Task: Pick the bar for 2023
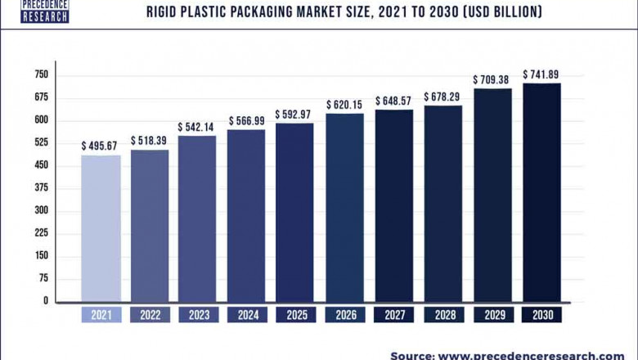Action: tap(197, 218)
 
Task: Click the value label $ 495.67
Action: tap(101, 145)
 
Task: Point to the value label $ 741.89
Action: tap(542, 74)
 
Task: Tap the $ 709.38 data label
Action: tap(493, 79)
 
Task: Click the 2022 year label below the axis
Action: tap(149, 315)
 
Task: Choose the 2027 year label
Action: tap(394, 315)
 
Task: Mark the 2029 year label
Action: tap(493, 315)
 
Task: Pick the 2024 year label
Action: tap(247, 315)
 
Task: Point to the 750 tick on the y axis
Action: tap(42, 74)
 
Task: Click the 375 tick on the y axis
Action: tap(42, 188)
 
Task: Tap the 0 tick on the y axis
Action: tap(47, 301)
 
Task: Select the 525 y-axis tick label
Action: tap(42, 142)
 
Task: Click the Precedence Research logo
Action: tap(46, 11)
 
